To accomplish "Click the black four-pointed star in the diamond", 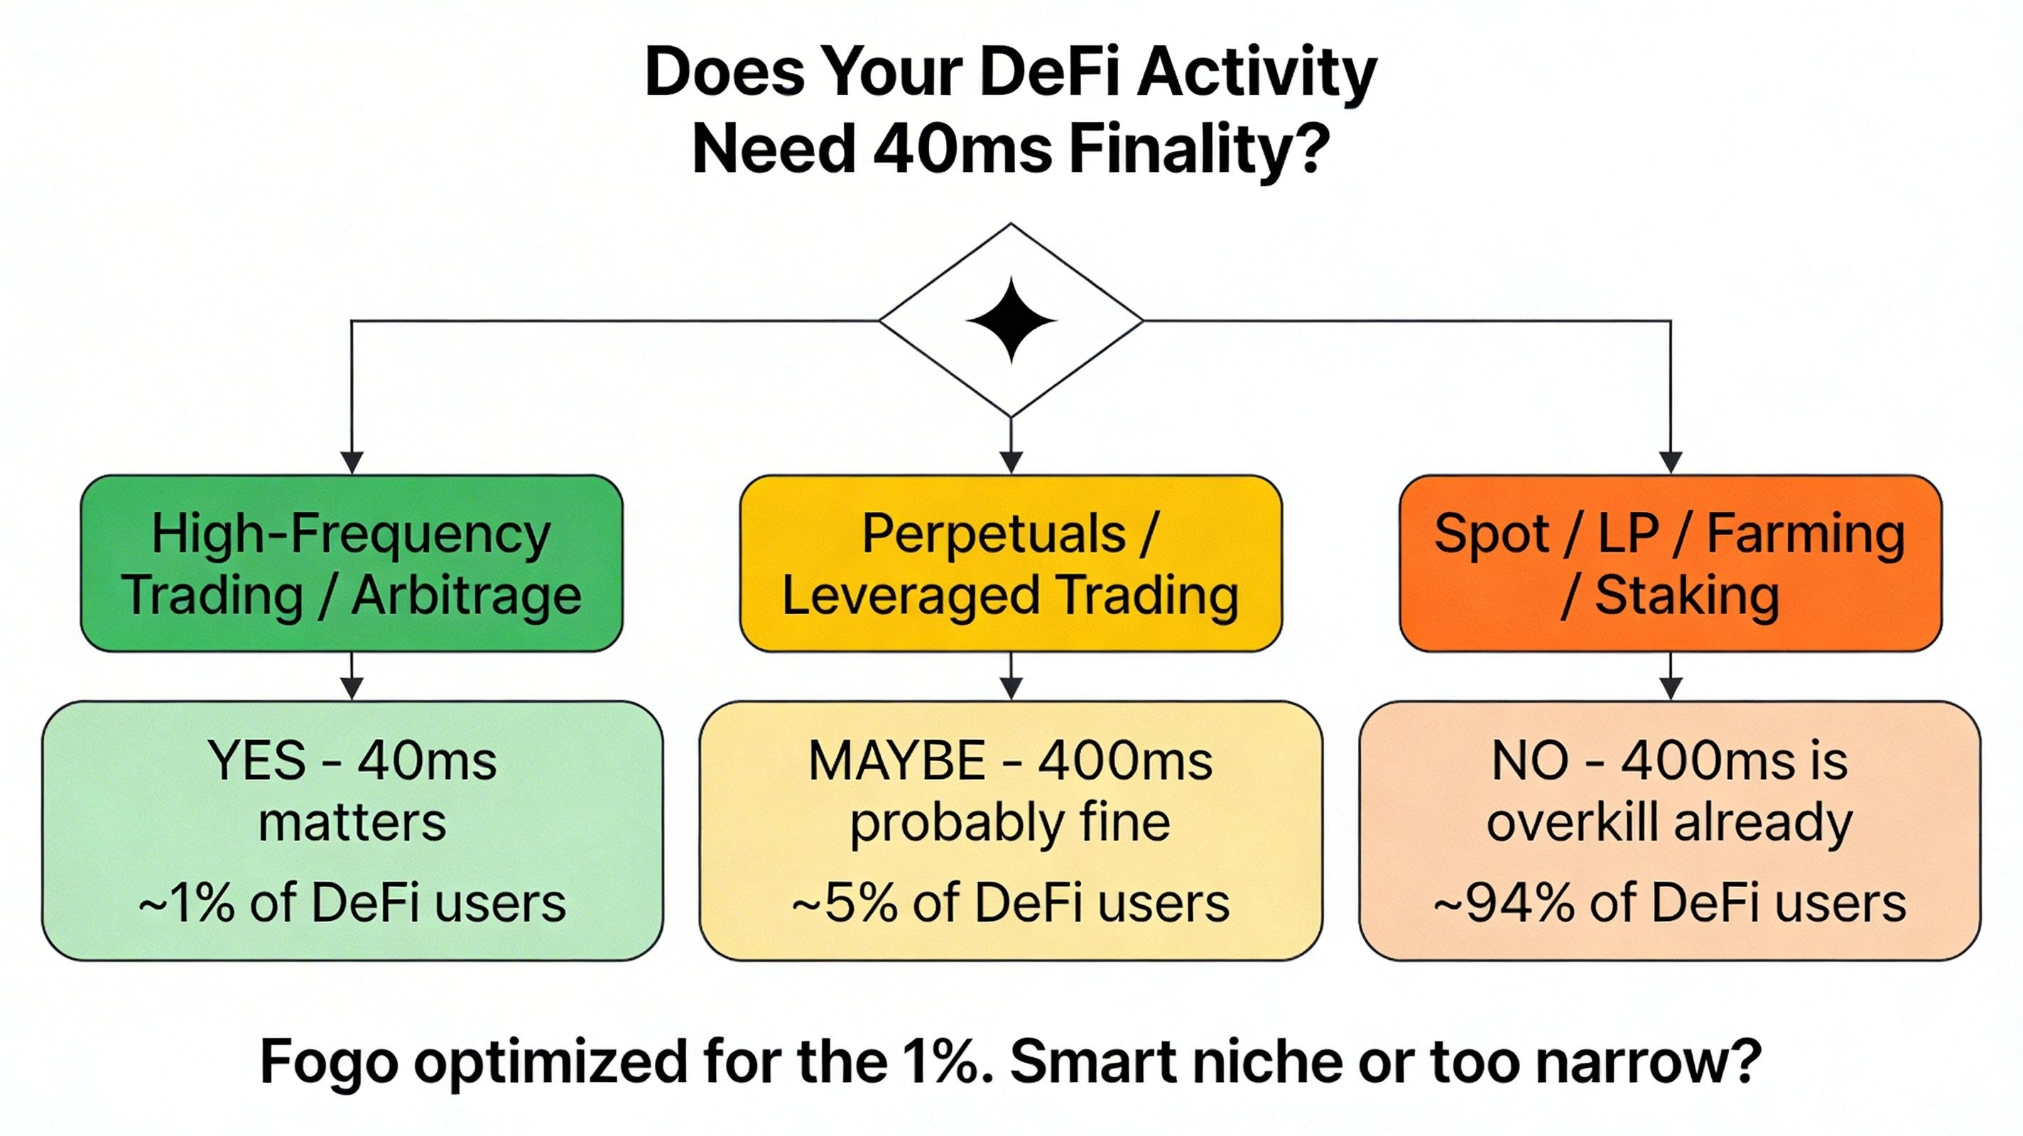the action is click(x=1011, y=320).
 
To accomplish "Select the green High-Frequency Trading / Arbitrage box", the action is click(x=352, y=563).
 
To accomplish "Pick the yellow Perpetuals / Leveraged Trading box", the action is click(x=1011, y=563).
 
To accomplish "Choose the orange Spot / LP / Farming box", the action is click(x=1671, y=563).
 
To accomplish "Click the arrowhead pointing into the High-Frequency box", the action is click(x=352, y=463).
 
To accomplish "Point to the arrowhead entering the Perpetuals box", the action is click(x=1011, y=463).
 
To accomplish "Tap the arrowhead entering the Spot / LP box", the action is click(x=1671, y=463).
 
